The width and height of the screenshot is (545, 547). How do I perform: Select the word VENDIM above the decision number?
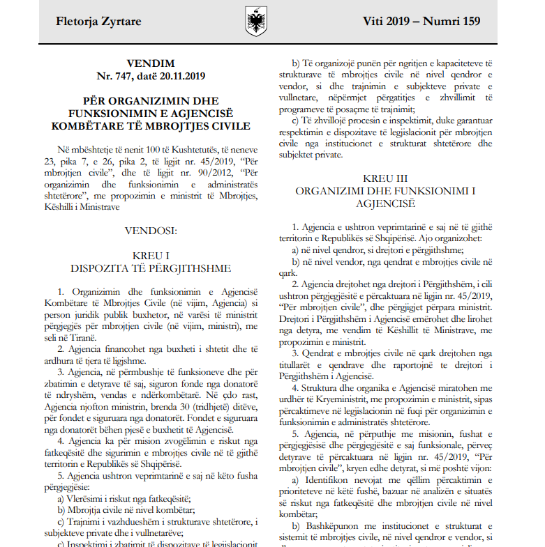point(151,63)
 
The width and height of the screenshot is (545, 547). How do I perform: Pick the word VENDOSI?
point(151,228)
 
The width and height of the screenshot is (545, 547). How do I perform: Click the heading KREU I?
point(151,256)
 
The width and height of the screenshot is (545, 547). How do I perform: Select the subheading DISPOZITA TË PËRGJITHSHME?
point(151,268)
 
